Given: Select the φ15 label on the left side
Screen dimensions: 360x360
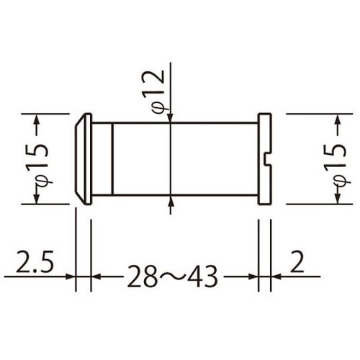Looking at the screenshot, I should coord(40,160).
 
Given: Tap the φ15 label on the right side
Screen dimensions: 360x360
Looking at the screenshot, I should coord(333,160).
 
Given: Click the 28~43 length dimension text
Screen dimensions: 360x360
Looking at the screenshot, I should coord(173,276).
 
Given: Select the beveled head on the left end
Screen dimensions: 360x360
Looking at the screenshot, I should coord(83,158).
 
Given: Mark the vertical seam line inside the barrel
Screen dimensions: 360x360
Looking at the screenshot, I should coord(113,158).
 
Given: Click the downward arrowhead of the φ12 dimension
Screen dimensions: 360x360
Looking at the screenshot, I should coord(171,117).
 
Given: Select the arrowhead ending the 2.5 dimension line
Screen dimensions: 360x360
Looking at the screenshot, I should coord(71,276).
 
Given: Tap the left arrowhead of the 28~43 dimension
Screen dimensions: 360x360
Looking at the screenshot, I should coord(96,276).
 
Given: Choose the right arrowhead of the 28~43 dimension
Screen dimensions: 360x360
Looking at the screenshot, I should coord(253,276).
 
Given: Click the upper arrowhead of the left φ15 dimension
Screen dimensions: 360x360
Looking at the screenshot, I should coord(40,118).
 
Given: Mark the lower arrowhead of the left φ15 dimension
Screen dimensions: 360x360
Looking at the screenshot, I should coord(40,199).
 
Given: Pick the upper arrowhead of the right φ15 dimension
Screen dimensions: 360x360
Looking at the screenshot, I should coord(333,118).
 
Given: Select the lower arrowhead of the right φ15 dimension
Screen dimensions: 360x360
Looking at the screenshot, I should coord(333,199).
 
